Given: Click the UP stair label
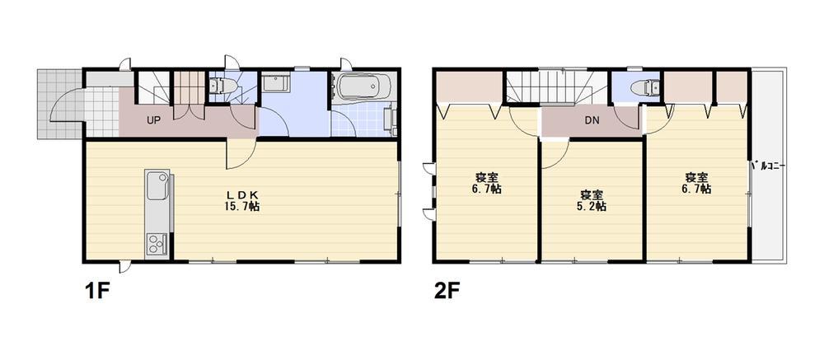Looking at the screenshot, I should point(153,120).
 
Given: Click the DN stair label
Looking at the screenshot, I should point(592,121).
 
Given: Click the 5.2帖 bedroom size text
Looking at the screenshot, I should point(592,207).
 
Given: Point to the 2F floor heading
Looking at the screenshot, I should point(446,292).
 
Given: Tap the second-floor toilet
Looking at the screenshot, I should point(642,86).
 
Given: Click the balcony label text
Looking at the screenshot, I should point(769,166).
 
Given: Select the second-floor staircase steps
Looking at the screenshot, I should point(556,88).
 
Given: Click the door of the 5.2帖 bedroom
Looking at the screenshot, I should point(553,152).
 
